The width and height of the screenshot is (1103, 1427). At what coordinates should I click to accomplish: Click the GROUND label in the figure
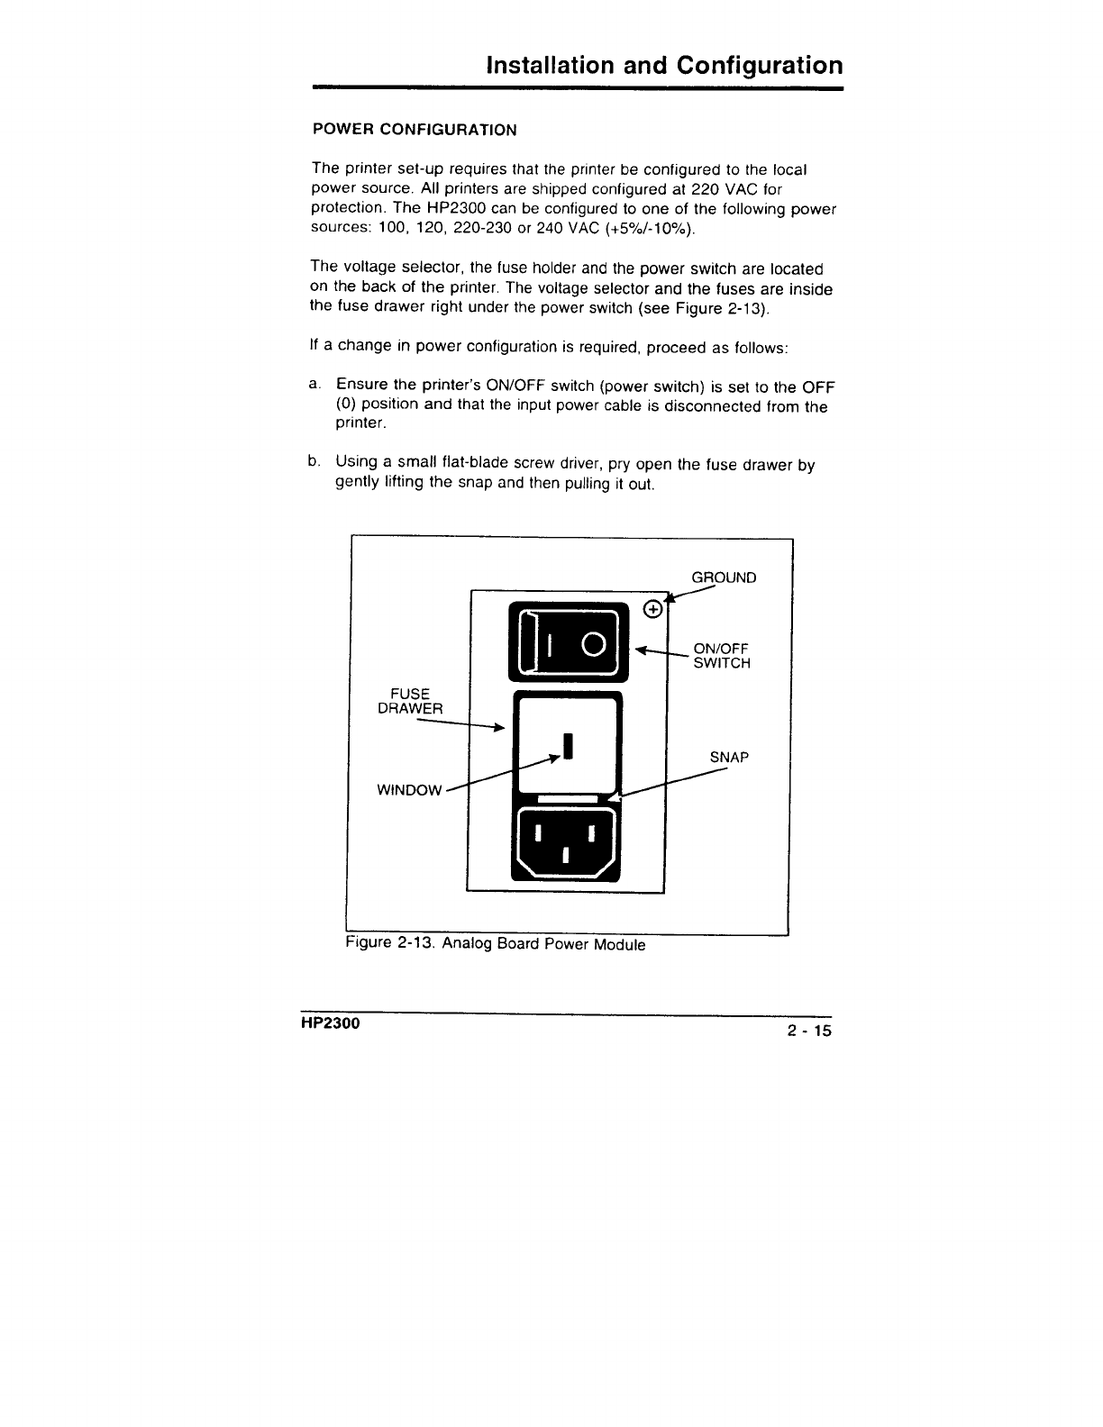pyautogui.click(x=724, y=577)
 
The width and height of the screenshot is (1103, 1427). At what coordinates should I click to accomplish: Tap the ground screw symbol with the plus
pyautogui.click(x=654, y=609)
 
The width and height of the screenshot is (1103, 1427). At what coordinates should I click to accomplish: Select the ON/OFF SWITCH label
pyautogui.click(x=721, y=656)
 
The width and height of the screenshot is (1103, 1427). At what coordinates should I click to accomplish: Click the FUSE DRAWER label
pyautogui.click(x=410, y=701)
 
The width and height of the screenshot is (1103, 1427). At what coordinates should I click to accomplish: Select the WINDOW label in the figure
pyautogui.click(x=409, y=790)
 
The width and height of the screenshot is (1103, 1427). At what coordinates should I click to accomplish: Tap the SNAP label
pyautogui.click(x=729, y=758)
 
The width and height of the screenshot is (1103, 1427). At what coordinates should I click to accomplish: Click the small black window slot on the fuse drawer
pyautogui.click(x=568, y=746)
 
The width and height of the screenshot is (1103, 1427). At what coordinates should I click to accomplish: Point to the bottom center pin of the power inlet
pyautogui.click(x=565, y=854)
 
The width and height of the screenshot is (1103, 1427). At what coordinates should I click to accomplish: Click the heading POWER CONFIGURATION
pyautogui.click(x=415, y=130)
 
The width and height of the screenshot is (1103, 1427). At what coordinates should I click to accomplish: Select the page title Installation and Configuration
pyautogui.click(x=664, y=66)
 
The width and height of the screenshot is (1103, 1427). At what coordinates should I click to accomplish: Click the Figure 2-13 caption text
pyautogui.click(x=496, y=944)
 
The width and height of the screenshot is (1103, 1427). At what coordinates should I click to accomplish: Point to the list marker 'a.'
pyautogui.click(x=314, y=385)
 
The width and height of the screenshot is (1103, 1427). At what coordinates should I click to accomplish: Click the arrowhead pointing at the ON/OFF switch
pyautogui.click(x=642, y=650)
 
